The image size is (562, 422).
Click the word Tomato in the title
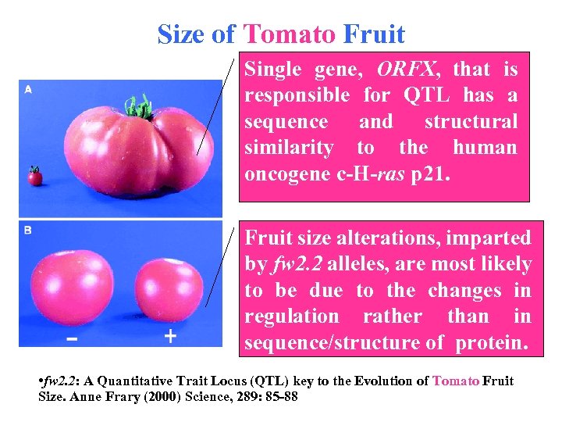click(289, 34)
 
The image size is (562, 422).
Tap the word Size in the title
click(184, 34)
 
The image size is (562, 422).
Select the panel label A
click(28, 90)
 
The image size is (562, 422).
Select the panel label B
click(28, 232)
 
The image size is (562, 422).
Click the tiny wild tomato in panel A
click(34, 177)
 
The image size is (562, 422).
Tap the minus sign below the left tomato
click(71, 339)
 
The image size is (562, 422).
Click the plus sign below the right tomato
click(170, 337)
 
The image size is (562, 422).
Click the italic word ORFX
click(406, 70)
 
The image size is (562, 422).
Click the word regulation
click(292, 316)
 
